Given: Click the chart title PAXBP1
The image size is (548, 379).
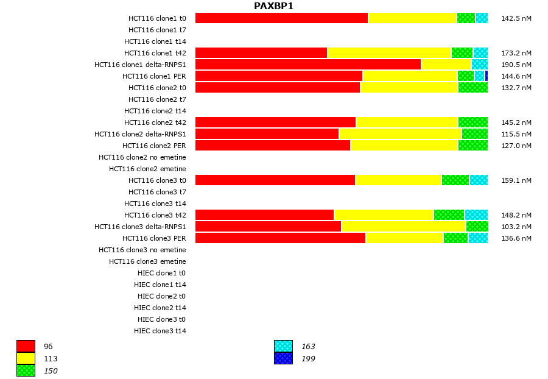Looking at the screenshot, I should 273,6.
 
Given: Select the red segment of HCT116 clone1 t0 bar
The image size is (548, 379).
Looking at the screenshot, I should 281,18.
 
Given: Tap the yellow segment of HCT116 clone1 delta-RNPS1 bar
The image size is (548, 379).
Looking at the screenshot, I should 446,65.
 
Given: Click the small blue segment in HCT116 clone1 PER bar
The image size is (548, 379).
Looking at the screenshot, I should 486,76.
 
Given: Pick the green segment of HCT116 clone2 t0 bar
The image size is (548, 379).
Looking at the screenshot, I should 472,88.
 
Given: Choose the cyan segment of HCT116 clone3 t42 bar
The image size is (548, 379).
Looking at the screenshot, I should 476,215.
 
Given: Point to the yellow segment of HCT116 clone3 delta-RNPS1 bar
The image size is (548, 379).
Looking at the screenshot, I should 403,227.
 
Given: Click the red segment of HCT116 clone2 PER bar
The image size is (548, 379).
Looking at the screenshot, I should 273,146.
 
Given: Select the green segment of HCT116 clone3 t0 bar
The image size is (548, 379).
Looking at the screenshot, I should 455,180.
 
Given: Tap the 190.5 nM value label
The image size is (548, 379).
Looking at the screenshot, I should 516,65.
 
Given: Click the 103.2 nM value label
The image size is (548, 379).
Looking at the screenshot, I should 516,227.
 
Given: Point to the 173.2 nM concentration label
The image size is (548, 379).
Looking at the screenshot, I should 516,53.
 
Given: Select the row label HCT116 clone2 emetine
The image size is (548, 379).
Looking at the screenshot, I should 147,169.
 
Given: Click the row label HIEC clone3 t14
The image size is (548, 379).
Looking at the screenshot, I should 160,331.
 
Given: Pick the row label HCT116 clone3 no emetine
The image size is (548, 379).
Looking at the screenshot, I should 142,250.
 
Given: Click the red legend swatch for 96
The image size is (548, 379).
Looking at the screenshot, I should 26,347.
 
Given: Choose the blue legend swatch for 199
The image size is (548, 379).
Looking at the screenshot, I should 283,359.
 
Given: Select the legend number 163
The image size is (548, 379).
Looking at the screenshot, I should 308,347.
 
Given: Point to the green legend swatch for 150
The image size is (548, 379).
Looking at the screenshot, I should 26,370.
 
